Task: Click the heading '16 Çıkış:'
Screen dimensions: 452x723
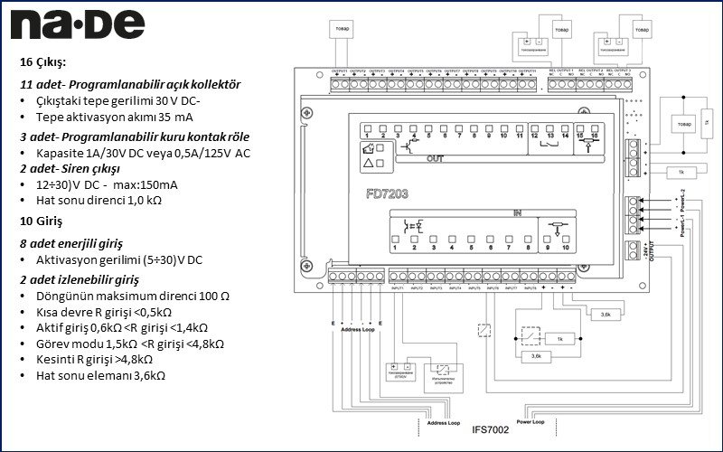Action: [x=43, y=62]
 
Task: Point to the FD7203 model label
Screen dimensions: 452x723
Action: [x=387, y=193]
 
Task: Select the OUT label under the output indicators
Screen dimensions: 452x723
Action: [x=435, y=159]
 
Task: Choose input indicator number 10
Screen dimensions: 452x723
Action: [x=565, y=245]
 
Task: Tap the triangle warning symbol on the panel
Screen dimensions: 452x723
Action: [x=367, y=164]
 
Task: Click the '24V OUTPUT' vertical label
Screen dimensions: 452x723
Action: [x=646, y=252]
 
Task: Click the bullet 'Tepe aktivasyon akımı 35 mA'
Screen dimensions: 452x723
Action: [x=115, y=117]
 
